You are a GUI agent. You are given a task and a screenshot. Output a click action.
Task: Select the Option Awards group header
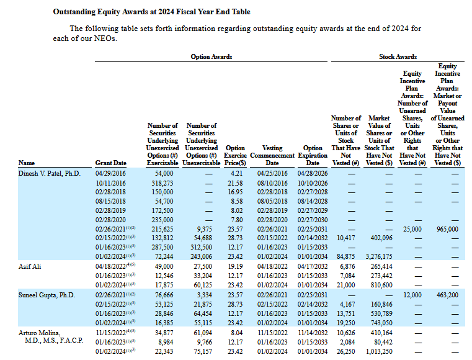click(212, 57)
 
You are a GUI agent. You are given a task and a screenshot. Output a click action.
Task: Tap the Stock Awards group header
click(398, 57)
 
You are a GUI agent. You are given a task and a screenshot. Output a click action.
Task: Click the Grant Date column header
click(110, 163)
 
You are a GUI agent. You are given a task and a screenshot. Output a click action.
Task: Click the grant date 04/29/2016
click(110, 173)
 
